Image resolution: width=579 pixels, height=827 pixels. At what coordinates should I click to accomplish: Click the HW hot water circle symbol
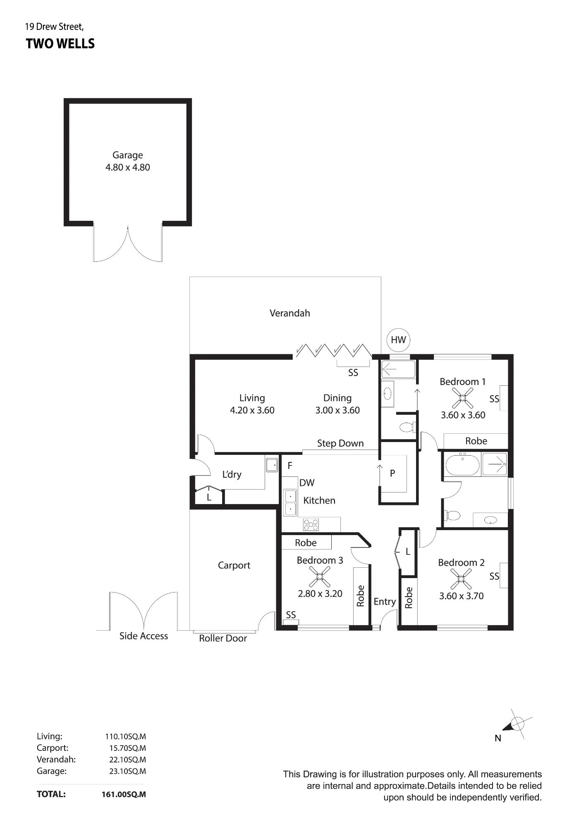[x=398, y=340]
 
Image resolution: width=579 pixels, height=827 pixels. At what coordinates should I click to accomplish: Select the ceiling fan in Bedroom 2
[x=461, y=579]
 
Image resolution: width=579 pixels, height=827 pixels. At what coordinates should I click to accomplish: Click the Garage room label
[x=128, y=155]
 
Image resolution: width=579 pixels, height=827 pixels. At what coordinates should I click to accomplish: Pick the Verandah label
[x=290, y=313]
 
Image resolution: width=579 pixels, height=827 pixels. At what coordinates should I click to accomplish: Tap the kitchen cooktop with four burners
[x=311, y=525]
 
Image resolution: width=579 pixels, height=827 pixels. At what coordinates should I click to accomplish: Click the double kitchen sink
[x=290, y=502]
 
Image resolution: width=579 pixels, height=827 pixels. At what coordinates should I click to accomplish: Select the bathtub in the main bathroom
[x=462, y=465]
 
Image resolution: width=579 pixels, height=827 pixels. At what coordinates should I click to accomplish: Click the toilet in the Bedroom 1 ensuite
[x=407, y=426]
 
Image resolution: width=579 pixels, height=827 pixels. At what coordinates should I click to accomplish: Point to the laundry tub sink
[x=272, y=465]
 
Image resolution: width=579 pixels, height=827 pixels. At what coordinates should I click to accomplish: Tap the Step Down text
[x=340, y=443]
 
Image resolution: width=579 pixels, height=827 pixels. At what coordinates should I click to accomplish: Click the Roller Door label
[x=223, y=638]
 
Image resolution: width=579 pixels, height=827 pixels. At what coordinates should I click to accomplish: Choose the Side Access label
[x=144, y=636]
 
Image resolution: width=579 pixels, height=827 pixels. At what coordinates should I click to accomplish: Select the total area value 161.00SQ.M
[x=124, y=794]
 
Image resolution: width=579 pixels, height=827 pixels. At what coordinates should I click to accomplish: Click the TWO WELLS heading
[x=60, y=44]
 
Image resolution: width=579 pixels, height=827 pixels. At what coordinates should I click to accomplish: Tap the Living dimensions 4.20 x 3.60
[x=252, y=410]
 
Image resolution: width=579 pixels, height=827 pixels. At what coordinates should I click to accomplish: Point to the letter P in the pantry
[x=392, y=473]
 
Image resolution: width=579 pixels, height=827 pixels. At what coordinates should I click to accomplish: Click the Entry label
[x=385, y=602]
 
